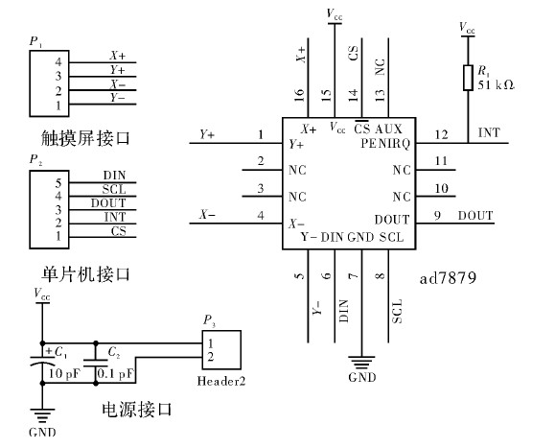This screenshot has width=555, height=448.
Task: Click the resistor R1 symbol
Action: click(467, 76)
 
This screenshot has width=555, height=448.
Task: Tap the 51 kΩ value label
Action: click(497, 84)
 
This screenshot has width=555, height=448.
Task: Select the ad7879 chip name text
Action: click(450, 279)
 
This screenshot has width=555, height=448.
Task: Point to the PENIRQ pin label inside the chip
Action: click(387, 144)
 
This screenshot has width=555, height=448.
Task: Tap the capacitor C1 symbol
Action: click(43, 363)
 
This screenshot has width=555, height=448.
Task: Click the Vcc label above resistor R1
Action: click(467, 28)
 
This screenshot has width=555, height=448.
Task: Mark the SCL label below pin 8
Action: click(397, 309)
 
